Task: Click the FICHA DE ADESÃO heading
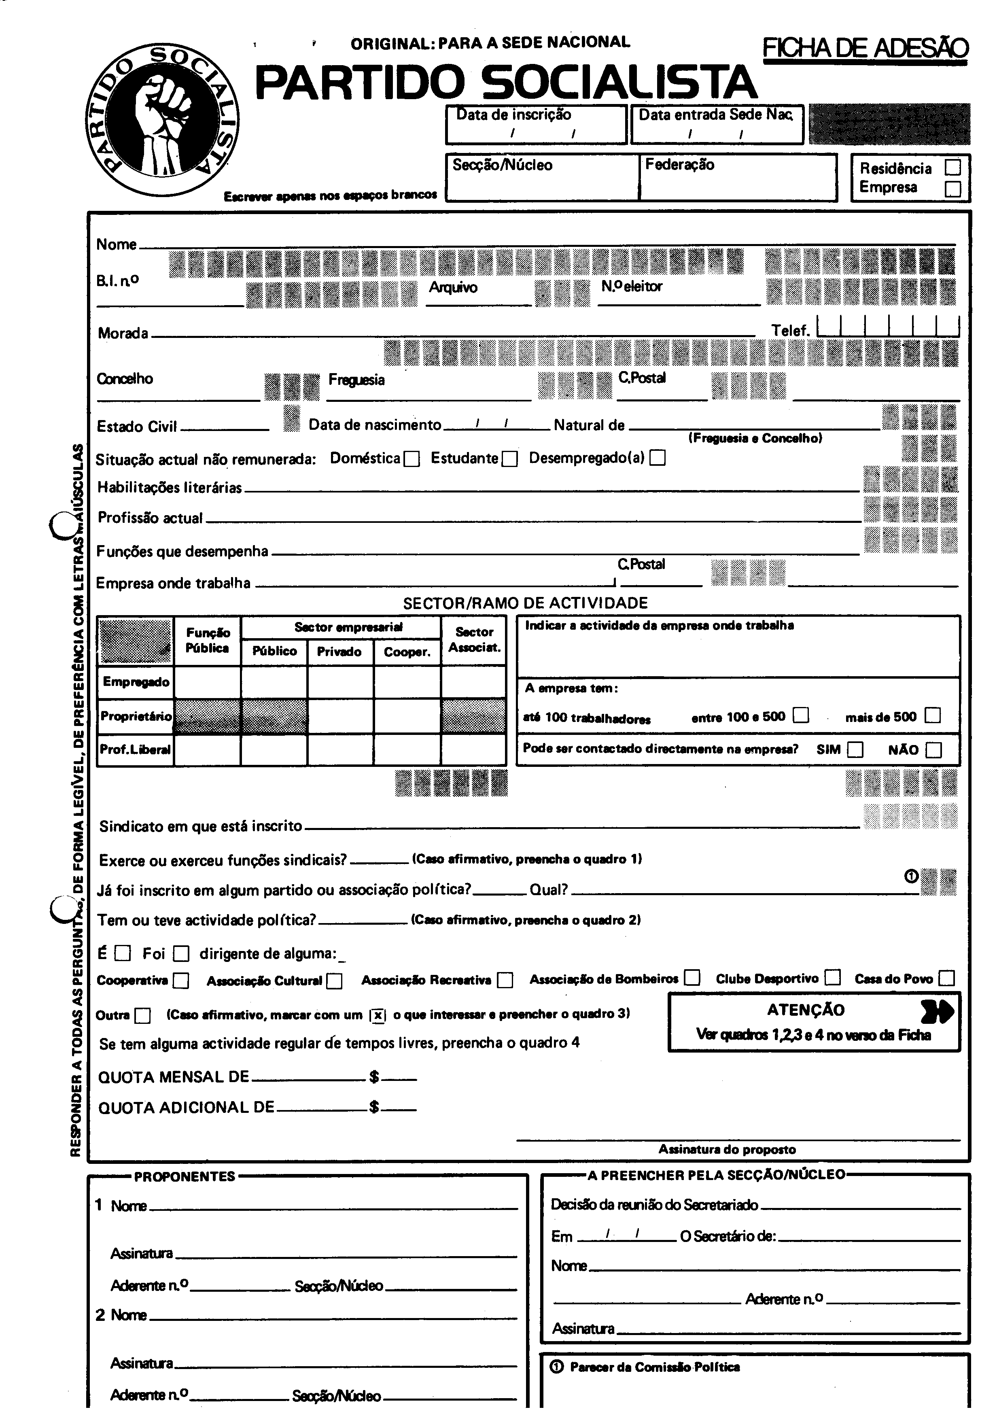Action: (x=865, y=48)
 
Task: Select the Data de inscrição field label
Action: (x=513, y=115)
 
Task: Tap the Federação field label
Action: (x=680, y=165)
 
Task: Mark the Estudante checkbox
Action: (x=509, y=459)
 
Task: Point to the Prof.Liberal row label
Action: (x=135, y=750)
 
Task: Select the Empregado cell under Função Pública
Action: (x=208, y=682)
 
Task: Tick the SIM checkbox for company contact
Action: (x=855, y=750)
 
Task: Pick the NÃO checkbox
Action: (x=934, y=750)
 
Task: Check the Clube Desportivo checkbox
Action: (x=833, y=978)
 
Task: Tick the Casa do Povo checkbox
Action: (x=946, y=978)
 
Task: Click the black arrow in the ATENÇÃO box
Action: (x=936, y=1011)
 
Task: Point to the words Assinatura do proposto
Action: (x=727, y=1149)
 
